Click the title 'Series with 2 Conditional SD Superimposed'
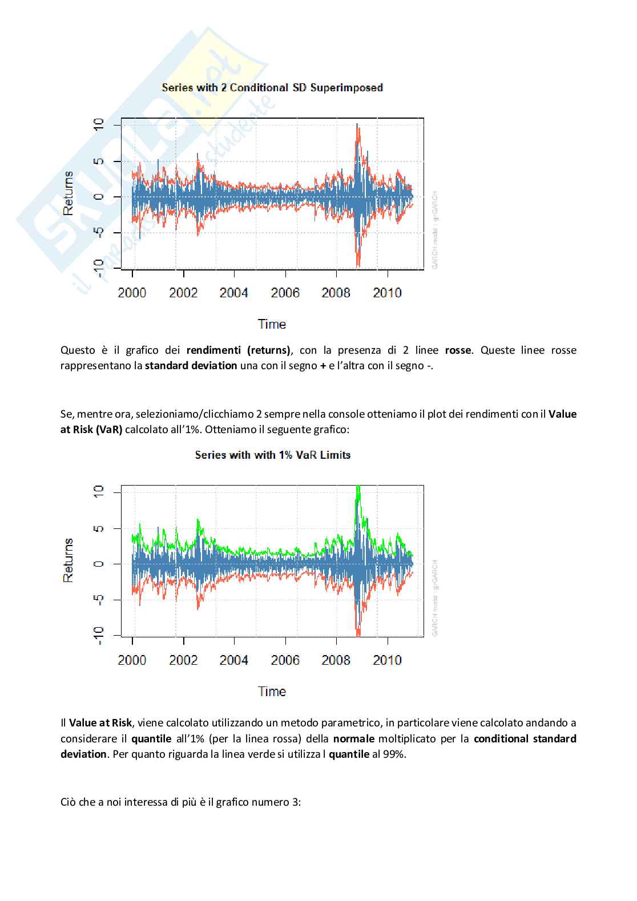click(272, 88)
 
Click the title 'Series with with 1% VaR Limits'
click(272, 455)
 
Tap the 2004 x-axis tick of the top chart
click(234, 293)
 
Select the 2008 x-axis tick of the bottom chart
click(336, 660)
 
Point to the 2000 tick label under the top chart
click(132, 293)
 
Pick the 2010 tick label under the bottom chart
click(387, 660)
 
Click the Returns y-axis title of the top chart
click(68, 193)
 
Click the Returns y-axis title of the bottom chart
click(68, 560)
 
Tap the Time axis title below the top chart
click(272, 324)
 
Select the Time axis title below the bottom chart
click(272, 692)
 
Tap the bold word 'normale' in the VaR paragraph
click(354, 739)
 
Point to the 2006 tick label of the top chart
click(285, 293)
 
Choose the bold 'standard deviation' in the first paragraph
click(191, 366)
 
